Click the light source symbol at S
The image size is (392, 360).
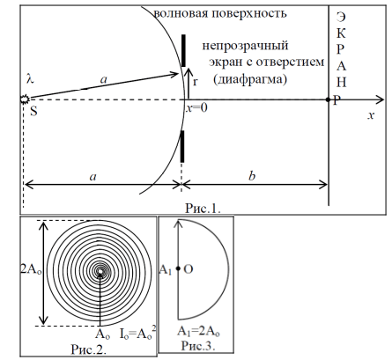coord(25,99)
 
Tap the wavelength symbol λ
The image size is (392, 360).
coord(30,78)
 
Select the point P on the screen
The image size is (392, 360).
coord(328,99)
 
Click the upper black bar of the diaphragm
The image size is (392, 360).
coord(183,50)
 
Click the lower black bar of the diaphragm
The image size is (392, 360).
coord(182,146)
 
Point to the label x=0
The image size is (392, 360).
coord(196,108)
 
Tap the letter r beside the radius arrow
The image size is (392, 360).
coord(195,82)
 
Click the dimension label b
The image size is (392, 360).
coord(252,176)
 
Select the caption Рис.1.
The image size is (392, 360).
coord(203,208)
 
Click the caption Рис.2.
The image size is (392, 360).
coord(89,349)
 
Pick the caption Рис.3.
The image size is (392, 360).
coord(198,345)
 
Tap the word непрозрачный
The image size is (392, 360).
coord(245,46)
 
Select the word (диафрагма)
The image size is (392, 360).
coord(250,80)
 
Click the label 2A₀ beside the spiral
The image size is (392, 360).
coord(31,268)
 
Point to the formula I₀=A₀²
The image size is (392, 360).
coord(137,334)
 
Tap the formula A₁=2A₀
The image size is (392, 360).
coord(198,332)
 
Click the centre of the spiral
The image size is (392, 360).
coord(100,272)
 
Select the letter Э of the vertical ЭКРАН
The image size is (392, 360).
coord(341,17)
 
